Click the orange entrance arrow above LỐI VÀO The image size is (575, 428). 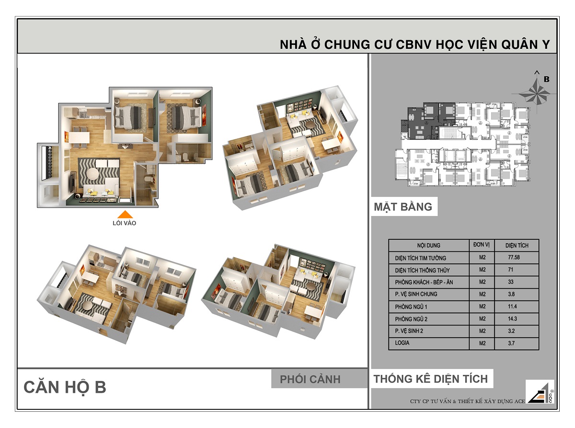click(124, 215)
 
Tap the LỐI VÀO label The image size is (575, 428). click(124, 223)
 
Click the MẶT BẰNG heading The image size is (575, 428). click(403, 207)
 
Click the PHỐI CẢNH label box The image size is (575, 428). click(310, 379)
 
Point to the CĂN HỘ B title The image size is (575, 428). click(65, 387)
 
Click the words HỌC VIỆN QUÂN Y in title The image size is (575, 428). click(489, 45)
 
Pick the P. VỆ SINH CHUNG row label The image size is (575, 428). click(416, 294)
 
